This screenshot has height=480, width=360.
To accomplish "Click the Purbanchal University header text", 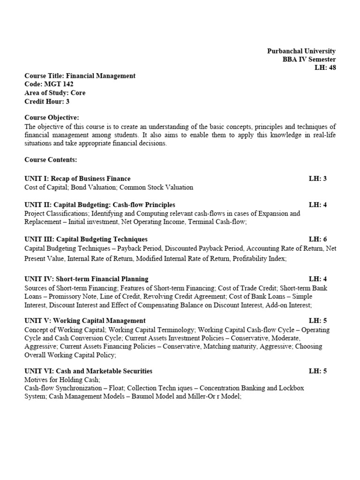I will click(301, 51).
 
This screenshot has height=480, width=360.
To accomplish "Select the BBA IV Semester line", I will click(308, 60).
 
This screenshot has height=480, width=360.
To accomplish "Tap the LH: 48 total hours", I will click(325, 67).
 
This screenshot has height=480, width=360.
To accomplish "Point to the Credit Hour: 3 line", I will click(47, 101).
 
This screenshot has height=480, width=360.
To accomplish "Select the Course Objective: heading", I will click(52, 117).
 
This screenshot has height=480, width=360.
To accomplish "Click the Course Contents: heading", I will click(51, 160).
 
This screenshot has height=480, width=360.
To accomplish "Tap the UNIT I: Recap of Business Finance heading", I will click(77, 179).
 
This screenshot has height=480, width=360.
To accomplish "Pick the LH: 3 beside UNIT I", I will click(317, 179).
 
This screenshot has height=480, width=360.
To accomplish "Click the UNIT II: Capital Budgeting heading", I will click(100, 205).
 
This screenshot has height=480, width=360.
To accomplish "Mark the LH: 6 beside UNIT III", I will click(317, 240).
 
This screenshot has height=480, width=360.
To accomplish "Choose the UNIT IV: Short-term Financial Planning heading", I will click(86, 279).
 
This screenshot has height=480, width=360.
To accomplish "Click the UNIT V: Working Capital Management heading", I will click(85, 321).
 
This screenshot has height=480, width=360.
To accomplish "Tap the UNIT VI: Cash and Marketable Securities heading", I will click(88, 371).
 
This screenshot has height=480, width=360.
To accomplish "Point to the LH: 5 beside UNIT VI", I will click(317, 371).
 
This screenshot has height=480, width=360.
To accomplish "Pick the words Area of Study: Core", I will click(55, 93).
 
